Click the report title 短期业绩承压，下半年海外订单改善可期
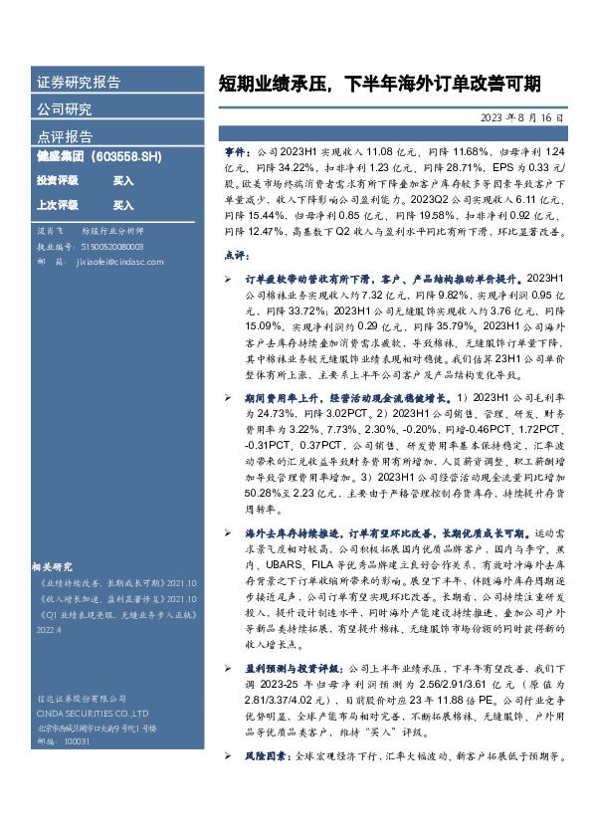(x=379, y=84)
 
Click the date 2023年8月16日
(x=521, y=117)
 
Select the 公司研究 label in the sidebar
(x=65, y=109)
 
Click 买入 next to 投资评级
(x=123, y=181)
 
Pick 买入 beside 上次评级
(x=123, y=205)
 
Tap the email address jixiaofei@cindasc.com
(x=111, y=261)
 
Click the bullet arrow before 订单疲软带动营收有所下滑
(x=228, y=283)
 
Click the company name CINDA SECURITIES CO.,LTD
(x=92, y=713)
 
